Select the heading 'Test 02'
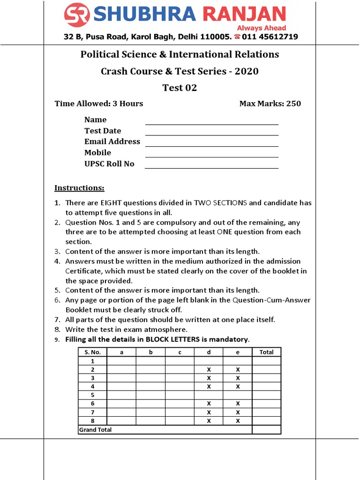[180, 88]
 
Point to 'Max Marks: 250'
[270, 104]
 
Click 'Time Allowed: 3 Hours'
[99, 104]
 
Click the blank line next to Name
[212, 124]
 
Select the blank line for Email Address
[212, 146]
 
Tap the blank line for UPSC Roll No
[212, 168]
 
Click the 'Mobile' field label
[97, 153]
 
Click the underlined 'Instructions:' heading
[79, 188]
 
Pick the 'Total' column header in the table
[266, 352]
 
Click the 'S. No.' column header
[92, 352]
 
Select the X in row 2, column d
[209, 370]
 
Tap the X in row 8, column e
[238, 420]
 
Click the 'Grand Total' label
[96, 429]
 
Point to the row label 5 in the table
[92, 395]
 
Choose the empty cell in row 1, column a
[121, 361]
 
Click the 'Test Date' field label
[103, 131]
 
